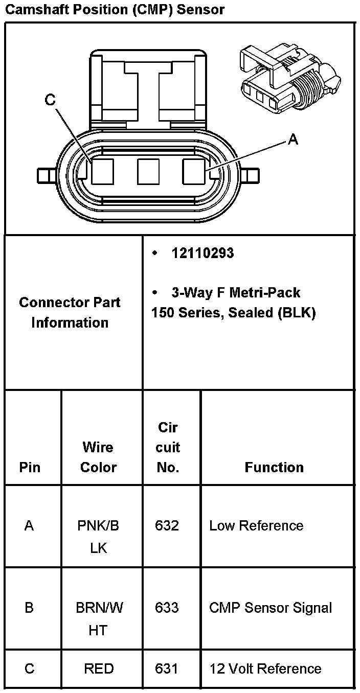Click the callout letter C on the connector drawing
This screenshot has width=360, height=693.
click(50, 100)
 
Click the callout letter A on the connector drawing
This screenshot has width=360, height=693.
click(292, 138)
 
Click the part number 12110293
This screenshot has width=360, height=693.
click(202, 253)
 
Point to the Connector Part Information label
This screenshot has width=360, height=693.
click(70, 312)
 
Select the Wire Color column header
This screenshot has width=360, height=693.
click(98, 457)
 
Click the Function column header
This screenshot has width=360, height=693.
click(274, 467)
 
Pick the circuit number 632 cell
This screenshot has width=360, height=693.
click(167, 525)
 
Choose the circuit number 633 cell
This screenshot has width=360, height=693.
click(167, 607)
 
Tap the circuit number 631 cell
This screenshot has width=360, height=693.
click(167, 668)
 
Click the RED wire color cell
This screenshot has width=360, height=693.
click(98, 668)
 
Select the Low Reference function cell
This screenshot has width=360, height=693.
click(256, 525)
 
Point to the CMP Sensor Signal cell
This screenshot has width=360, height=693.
click(271, 608)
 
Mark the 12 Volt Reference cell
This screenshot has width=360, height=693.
click(265, 668)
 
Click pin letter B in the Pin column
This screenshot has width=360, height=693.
click(29, 608)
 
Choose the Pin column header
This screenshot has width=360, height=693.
click(29, 467)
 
